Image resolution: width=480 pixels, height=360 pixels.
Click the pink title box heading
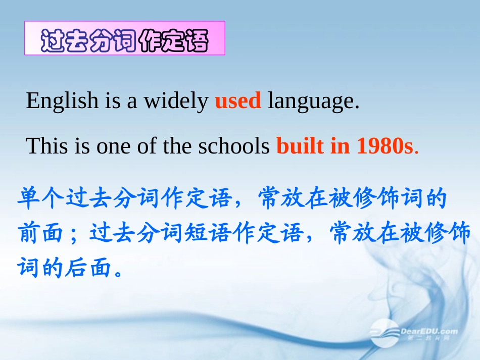(125, 38)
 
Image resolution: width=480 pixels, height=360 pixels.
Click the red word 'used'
(238, 100)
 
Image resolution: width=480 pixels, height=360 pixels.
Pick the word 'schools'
(234, 146)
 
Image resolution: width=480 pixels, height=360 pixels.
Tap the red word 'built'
(300, 146)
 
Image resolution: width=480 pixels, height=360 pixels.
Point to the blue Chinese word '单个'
(41, 199)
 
